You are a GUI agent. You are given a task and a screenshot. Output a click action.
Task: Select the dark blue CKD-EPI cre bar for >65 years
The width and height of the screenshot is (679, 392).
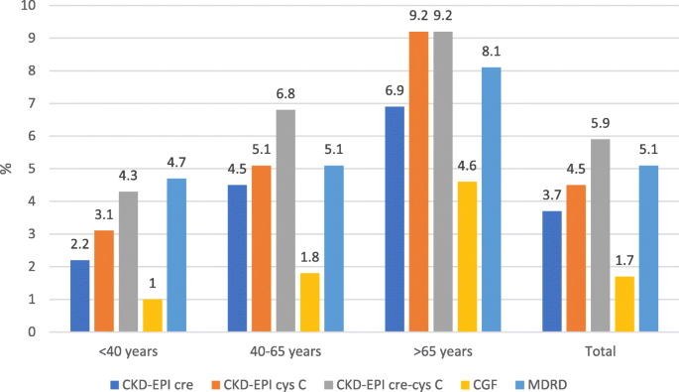[x=396, y=219]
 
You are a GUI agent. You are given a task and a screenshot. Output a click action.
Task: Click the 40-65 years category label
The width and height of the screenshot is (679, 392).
[x=286, y=351]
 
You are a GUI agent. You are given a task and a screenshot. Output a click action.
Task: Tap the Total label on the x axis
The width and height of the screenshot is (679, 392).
[x=600, y=351]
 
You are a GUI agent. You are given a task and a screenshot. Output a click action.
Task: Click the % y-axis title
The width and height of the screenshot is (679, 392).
[x=8, y=169]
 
